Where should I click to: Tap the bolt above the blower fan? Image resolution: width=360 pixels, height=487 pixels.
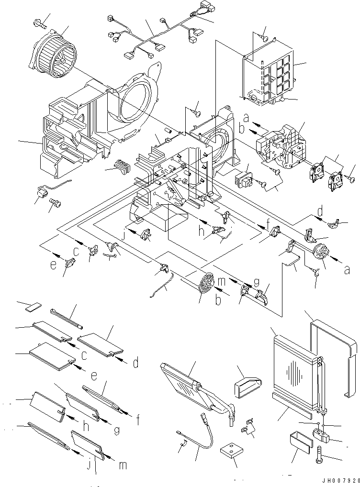[39, 21]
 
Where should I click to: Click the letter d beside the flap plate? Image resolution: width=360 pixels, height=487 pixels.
[135, 363]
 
